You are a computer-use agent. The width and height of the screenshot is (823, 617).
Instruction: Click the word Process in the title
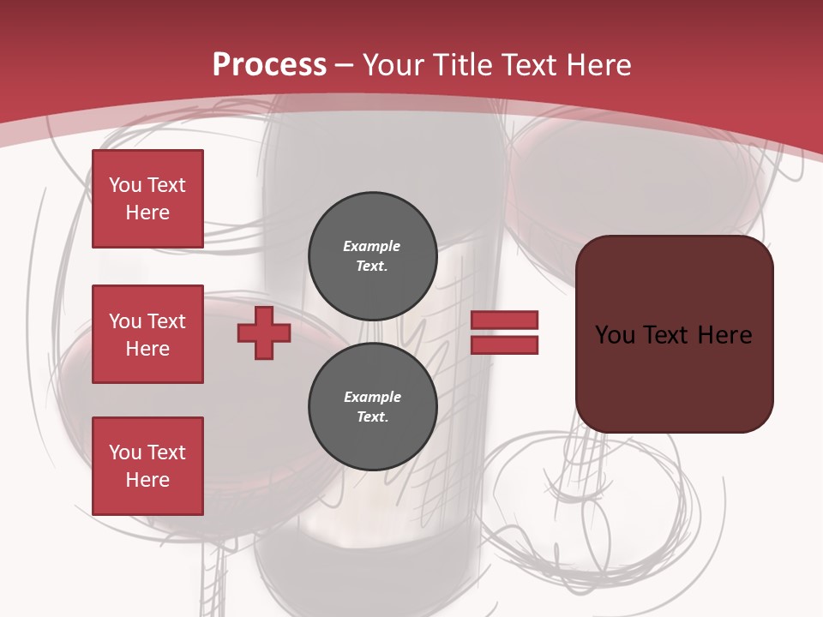tap(269, 64)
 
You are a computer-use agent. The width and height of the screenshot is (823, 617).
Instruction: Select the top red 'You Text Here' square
tap(147, 199)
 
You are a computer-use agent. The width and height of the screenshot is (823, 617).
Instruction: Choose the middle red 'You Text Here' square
tap(147, 334)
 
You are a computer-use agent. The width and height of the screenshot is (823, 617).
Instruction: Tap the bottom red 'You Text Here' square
tap(147, 466)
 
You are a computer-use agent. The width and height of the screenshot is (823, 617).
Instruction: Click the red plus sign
tap(264, 333)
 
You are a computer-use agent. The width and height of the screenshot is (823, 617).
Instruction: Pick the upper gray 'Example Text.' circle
tap(372, 255)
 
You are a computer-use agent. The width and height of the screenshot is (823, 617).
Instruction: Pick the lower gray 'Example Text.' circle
tap(372, 406)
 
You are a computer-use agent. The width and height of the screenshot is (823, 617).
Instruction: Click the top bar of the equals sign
tap(504, 320)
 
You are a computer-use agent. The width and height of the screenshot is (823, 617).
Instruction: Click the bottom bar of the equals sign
tap(504, 344)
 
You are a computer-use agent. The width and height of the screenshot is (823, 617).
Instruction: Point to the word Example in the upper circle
tap(372, 246)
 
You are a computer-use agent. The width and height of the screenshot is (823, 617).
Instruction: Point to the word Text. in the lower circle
tap(372, 417)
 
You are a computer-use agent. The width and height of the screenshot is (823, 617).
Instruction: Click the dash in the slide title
tap(345, 65)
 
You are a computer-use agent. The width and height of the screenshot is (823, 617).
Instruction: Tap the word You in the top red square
tap(125, 185)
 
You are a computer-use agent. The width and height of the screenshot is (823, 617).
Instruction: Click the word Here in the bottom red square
tap(147, 480)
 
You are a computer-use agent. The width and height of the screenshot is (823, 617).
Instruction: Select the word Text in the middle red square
tap(166, 321)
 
